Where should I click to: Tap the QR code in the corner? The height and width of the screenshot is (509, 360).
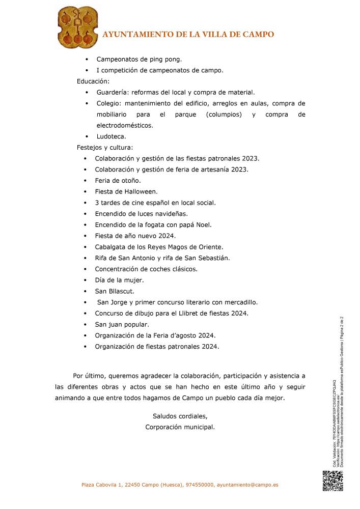[333, 482]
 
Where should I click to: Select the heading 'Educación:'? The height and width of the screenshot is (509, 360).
[93, 81]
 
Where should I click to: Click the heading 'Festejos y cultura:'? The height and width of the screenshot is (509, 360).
[104, 148]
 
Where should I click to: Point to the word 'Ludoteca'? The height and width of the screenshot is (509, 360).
[110, 136]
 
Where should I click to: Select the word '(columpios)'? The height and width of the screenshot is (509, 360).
[224, 115]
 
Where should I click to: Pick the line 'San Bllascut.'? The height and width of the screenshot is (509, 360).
[115, 291]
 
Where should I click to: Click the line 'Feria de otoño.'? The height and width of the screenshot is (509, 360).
[118, 181]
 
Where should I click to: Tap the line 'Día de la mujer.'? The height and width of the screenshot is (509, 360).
[119, 280]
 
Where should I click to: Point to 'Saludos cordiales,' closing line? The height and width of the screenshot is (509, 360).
[180, 416]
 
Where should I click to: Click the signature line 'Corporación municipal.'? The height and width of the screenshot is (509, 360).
[180, 427]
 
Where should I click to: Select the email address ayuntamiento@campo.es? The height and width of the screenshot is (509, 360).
[247, 485]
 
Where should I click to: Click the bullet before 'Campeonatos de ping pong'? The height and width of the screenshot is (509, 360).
[87, 60]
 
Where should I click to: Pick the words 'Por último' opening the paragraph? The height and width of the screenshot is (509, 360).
[89, 376]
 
